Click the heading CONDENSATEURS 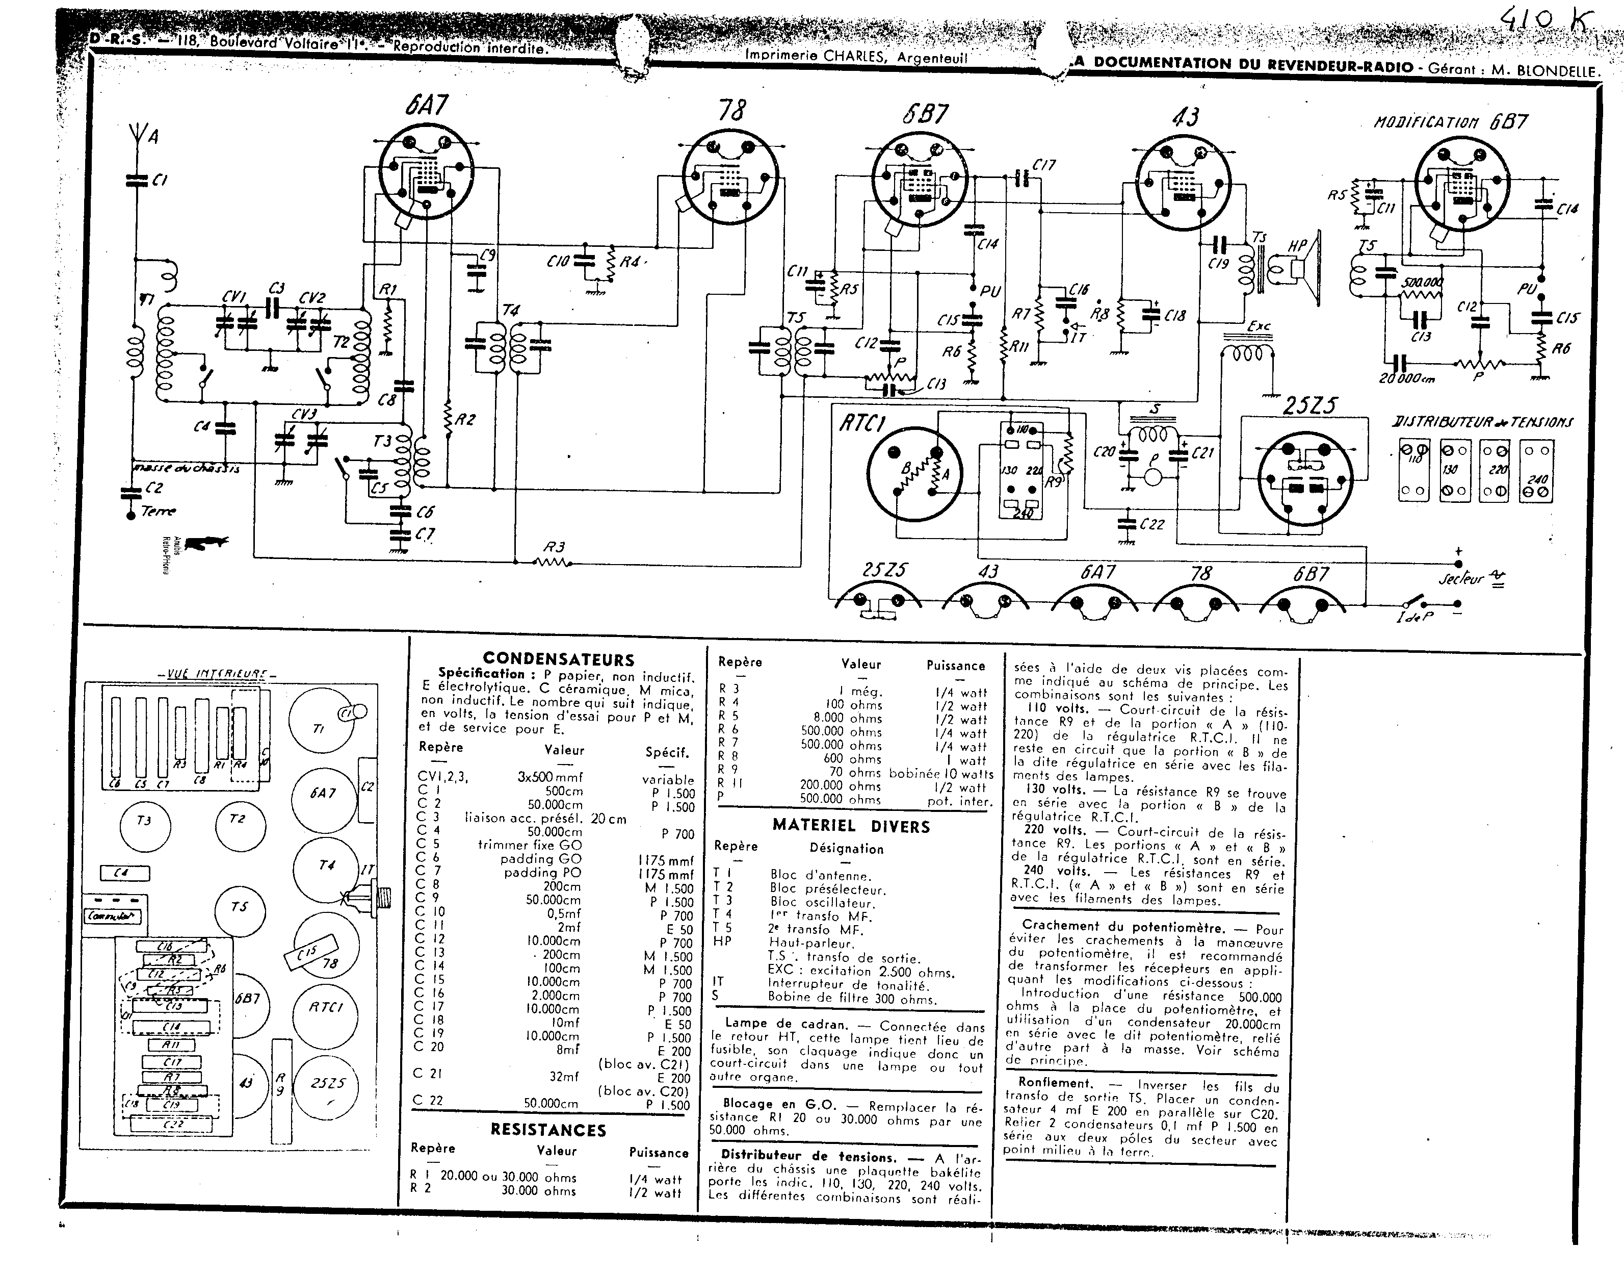coord(558,659)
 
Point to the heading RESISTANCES coord(548,1130)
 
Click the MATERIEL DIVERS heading coord(851,826)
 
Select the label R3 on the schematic coord(554,547)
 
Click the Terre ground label coord(159,511)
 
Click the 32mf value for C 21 coord(564,1076)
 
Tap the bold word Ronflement coord(1055,1084)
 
